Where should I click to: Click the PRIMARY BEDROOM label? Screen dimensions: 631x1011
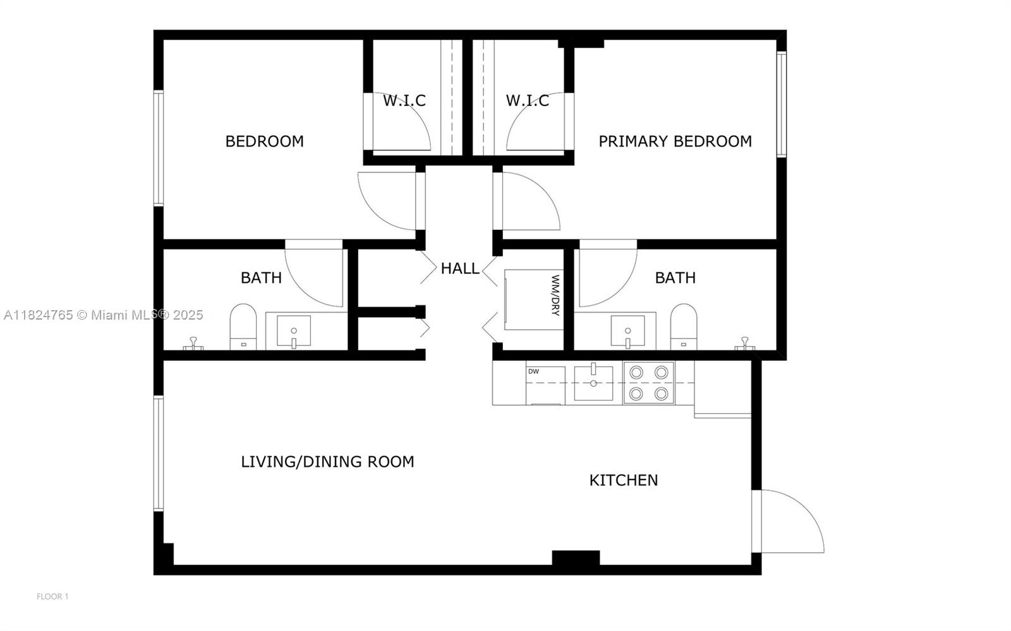pos(675,141)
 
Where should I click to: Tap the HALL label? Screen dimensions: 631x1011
pos(459,268)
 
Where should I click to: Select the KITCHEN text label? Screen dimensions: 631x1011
pos(623,480)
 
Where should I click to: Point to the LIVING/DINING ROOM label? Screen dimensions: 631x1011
pos(327,462)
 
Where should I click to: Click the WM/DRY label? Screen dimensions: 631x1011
pos(555,295)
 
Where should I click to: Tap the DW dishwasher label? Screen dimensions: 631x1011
pos(533,371)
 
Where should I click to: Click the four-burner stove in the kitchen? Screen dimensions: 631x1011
pos(648,383)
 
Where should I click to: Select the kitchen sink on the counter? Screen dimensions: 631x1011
pos(593,383)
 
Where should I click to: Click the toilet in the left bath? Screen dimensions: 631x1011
pos(243,327)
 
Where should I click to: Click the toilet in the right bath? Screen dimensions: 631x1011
pos(683,327)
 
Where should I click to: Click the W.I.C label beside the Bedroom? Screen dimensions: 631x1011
pos(404,100)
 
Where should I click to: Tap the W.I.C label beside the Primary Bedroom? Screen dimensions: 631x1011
pos(527,100)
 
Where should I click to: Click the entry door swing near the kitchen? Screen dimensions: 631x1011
pos(790,521)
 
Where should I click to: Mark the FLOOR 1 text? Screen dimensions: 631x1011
pos(52,596)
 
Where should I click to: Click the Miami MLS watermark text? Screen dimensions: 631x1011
pos(104,315)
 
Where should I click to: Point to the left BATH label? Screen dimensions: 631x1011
pos(261,278)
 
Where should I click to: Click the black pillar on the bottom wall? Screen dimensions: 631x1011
pos(576,558)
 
